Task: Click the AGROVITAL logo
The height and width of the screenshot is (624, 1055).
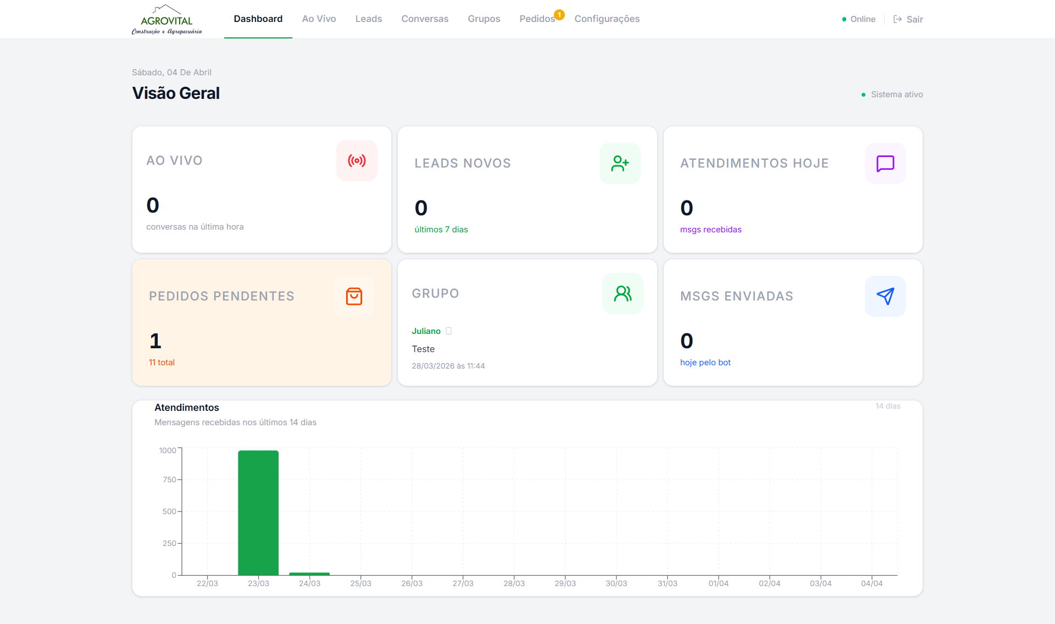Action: (x=166, y=20)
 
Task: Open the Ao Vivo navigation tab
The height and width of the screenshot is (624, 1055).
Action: (x=319, y=19)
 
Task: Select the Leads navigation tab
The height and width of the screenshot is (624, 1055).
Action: (x=368, y=19)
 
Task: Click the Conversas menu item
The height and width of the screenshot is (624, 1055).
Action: (x=425, y=19)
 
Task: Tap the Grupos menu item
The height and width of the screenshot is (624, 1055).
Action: (x=484, y=19)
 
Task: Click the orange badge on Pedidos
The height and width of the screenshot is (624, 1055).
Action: (x=559, y=15)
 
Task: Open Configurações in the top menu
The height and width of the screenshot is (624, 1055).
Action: (x=607, y=19)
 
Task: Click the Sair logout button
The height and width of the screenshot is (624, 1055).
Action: (x=908, y=19)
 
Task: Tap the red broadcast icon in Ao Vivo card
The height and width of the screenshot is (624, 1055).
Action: (x=357, y=160)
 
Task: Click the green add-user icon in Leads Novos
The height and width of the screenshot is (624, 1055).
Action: (x=620, y=163)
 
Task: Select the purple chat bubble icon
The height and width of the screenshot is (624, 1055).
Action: (x=885, y=163)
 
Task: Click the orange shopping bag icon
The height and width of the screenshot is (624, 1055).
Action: (x=354, y=296)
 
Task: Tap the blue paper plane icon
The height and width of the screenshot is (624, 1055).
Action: (x=885, y=296)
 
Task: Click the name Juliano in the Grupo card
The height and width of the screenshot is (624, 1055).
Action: (x=426, y=331)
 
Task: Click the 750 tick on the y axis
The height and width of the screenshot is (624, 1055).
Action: (x=169, y=480)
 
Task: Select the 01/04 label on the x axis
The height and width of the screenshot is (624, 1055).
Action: (x=718, y=583)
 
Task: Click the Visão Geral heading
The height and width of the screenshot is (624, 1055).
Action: (x=176, y=93)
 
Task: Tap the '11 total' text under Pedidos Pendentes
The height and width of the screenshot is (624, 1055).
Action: (x=162, y=363)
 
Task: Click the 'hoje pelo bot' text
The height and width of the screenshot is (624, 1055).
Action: (x=705, y=363)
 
